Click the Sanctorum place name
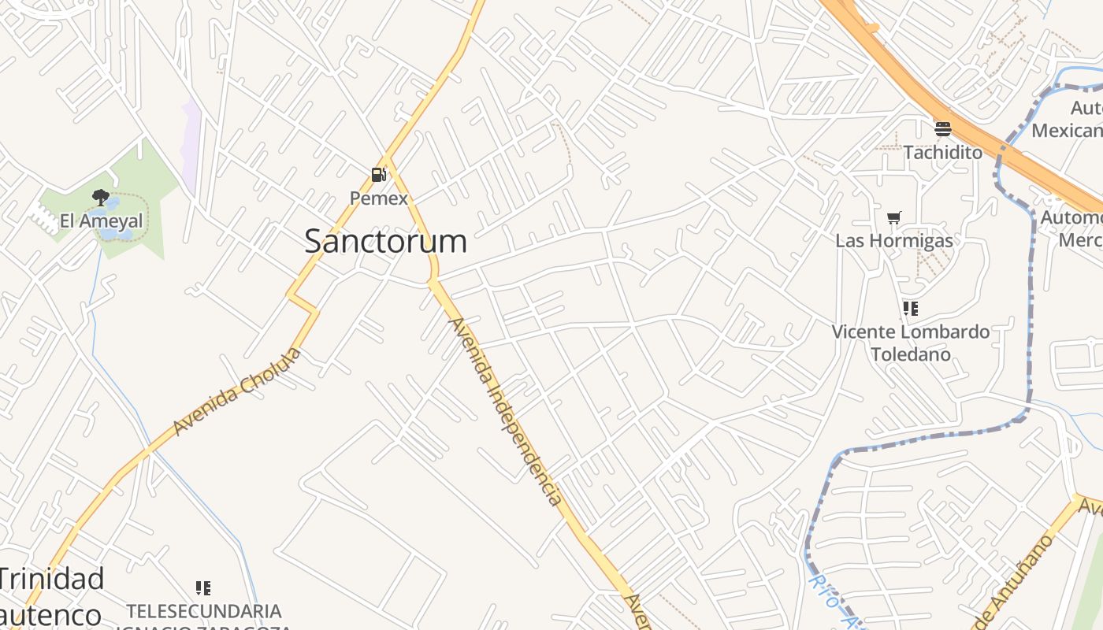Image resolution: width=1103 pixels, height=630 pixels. (385, 241)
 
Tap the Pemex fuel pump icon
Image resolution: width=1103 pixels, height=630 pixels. (379, 174)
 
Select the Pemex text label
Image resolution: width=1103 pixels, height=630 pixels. (379, 198)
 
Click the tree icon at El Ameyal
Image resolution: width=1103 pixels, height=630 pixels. (100, 197)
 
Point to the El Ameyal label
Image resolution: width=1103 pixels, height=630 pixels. (102, 221)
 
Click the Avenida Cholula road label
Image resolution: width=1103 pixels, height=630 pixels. (237, 391)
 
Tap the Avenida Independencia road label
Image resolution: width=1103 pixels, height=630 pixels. (505, 411)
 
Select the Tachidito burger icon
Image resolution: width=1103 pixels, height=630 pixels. (942, 129)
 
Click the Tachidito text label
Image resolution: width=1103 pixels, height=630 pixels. (942, 152)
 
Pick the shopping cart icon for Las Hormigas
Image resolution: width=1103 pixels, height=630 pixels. (893, 217)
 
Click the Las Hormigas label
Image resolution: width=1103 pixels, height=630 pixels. (893, 240)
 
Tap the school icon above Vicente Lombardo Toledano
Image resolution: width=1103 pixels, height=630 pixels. (910, 308)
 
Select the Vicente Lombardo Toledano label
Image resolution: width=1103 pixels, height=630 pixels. (911, 343)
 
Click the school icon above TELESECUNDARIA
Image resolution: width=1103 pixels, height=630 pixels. (203, 587)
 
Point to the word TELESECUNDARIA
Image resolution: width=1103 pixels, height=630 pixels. (204, 610)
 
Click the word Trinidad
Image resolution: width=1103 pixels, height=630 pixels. (52, 579)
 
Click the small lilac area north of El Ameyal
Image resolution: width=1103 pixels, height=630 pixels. (190, 146)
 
